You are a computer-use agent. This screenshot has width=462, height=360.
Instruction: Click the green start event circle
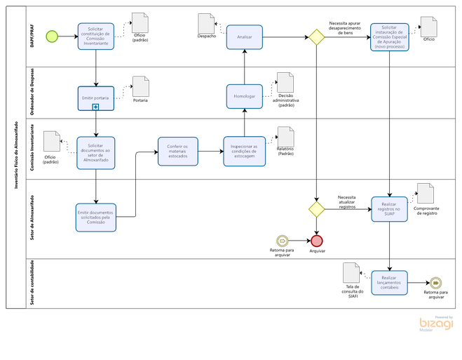click(x=51, y=36)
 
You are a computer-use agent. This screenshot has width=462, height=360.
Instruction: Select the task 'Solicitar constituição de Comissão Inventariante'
click(x=95, y=36)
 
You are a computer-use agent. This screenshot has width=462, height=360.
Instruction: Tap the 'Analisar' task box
click(x=244, y=37)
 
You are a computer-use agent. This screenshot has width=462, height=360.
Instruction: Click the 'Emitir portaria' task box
click(x=95, y=97)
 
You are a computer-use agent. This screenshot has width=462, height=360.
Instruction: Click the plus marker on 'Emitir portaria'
click(x=95, y=107)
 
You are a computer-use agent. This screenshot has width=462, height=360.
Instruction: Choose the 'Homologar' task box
click(x=244, y=96)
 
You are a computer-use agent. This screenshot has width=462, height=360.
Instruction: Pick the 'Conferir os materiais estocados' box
click(x=177, y=150)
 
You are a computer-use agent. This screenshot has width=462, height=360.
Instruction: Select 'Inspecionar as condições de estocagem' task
click(x=244, y=150)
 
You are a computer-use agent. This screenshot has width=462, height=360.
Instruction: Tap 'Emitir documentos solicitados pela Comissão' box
click(x=95, y=217)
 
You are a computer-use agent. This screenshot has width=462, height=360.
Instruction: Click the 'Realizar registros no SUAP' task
click(x=389, y=208)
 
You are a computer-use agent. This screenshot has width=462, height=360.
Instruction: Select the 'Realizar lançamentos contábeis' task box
click(x=389, y=283)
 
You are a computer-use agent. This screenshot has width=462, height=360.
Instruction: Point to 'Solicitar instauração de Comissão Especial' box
click(x=389, y=36)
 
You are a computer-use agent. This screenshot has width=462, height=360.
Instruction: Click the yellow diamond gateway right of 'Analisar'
click(x=316, y=37)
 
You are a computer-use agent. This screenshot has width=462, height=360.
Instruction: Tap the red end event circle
click(x=317, y=241)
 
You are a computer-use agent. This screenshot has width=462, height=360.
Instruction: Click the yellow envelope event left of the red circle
click(x=282, y=241)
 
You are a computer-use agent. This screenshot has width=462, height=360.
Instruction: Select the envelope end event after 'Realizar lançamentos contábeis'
click(x=435, y=283)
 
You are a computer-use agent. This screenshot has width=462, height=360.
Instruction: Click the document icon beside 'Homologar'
click(x=285, y=83)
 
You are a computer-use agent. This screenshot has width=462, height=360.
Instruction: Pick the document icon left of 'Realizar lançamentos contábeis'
click(x=351, y=272)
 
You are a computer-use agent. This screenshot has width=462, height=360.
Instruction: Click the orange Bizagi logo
click(x=436, y=324)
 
